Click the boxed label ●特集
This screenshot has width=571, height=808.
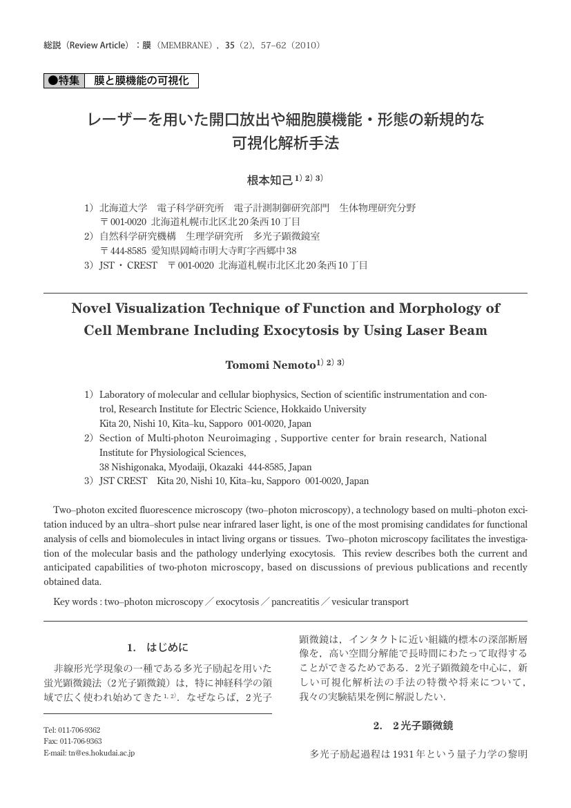click(x=64, y=81)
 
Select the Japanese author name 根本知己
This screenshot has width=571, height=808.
click(x=270, y=180)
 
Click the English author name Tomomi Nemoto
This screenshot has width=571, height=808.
click(x=270, y=365)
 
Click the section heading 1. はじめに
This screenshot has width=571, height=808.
click(x=157, y=647)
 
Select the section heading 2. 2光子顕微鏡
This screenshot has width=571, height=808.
click(x=413, y=725)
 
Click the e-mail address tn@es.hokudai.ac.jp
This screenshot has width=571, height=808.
click(x=101, y=753)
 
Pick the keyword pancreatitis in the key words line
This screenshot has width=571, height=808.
click(x=295, y=602)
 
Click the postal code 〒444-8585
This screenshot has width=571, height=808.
click(x=124, y=251)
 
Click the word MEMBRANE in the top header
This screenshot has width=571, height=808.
click(x=182, y=46)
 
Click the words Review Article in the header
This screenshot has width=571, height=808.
click(x=97, y=46)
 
